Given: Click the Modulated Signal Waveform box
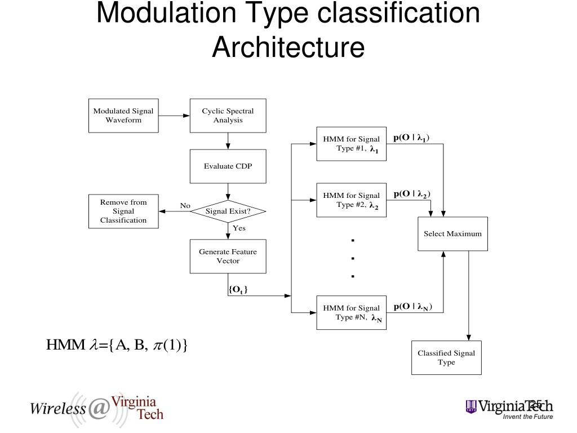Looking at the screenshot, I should (x=123, y=116).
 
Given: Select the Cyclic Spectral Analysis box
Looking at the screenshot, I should (x=228, y=116).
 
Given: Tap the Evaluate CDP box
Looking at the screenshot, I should (x=228, y=166).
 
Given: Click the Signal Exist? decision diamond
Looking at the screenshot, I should (x=228, y=211).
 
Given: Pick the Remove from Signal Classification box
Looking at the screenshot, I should (x=123, y=211).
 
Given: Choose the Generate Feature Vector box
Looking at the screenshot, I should (x=228, y=257).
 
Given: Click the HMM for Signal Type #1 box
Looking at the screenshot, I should (x=352, y=144).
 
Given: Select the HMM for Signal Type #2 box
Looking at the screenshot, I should (x=352, y=200).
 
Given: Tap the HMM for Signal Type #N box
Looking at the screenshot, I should (x=352, y=312).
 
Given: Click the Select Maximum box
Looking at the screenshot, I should (x=452, y=233).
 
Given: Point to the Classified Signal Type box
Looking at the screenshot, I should (x=446, y=357).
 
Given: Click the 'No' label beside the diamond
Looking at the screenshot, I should (x=185, y=206).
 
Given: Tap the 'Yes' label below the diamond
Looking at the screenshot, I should (x=239, y=228).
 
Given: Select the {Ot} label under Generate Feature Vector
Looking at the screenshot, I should (x=238, y=290).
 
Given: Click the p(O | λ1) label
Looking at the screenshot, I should (x=412, y=138).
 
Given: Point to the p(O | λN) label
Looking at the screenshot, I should (x=413, y=306).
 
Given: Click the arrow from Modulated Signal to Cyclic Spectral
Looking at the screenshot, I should (x=174, y=116).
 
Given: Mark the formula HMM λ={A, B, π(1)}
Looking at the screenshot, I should (x=116, y=344).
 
